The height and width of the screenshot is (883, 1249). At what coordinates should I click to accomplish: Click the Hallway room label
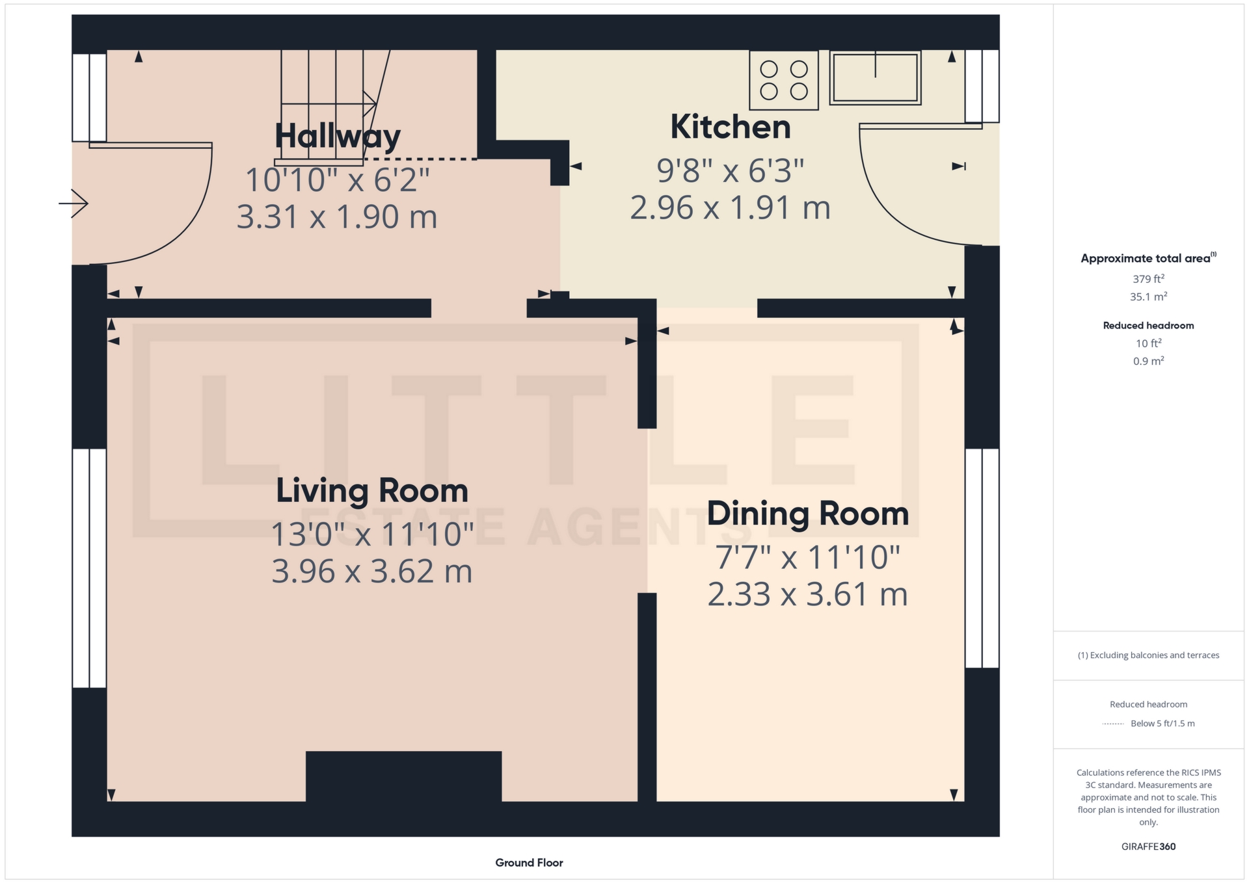click(x=337, y=137)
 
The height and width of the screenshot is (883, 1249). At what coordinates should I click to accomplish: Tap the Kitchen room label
click(x=731, y=127)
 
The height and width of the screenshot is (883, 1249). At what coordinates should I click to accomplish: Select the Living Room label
click(x=372, y=491)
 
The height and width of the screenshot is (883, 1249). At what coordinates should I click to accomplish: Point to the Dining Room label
click(x=808, y=514)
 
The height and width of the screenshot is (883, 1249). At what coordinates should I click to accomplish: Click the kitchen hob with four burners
click(x=784, y=80)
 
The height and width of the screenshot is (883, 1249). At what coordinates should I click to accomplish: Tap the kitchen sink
click(x=876, y=77)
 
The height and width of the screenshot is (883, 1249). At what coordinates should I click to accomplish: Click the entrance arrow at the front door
click(x=74, y=204)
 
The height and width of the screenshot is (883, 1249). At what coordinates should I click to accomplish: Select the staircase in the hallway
click(x=332, y=107)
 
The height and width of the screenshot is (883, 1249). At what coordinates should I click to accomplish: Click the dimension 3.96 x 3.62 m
click(x=372, y=572)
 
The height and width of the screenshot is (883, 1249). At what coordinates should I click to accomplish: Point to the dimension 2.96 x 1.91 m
click(x=731, y=208)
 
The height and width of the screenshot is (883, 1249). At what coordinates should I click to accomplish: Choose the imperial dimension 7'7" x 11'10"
click(x=808, y=557)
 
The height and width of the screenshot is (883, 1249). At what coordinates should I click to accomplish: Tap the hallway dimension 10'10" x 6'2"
click(x=337, y=179)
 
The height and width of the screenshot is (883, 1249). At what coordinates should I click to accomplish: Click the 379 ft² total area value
click(x=1148, y=279)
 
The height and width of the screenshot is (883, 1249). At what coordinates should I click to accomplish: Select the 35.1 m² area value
click(x=1148, y=297)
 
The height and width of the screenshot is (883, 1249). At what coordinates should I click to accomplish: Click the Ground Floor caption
click(x=529, y=863)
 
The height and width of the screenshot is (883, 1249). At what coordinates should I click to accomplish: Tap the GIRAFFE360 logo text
click(x=1148, y=847)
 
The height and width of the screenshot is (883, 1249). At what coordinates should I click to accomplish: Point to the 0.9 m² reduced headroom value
click(x=1148, y=361)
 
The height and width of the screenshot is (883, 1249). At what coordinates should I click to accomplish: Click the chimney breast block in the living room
click(x=403, y=776)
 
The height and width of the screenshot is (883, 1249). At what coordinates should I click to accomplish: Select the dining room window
click(x=982, y=559)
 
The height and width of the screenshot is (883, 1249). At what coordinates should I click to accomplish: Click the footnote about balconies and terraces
click(x=1148, y=655)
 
